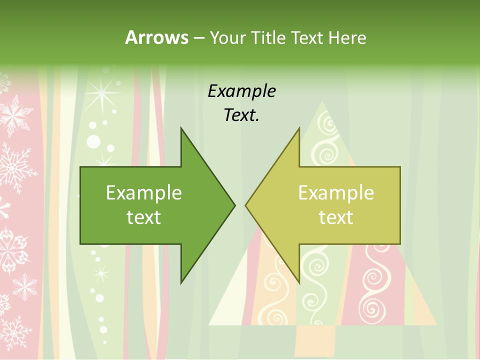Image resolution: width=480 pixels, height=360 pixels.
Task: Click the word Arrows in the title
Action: pos(156,37)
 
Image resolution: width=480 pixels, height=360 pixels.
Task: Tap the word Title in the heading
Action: pos(269,38)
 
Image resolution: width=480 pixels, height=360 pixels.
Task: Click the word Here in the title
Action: pos(347,38)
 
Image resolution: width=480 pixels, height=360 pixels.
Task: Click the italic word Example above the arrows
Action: pos(241,91)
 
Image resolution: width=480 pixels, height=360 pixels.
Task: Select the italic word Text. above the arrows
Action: pos(241,115)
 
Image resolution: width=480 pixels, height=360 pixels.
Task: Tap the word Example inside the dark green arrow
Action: pos(144,193)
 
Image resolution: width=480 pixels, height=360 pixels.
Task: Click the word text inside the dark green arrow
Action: pos(144,217)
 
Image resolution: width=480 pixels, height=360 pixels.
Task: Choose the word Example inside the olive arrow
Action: pos(336,193)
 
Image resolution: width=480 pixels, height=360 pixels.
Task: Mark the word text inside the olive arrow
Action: pos(336,217)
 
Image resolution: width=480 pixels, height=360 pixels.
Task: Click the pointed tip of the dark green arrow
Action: pos(235,205)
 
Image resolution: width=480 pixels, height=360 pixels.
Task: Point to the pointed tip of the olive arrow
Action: pos(245,205)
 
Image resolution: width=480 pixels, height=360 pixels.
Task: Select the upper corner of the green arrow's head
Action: pos(181,127)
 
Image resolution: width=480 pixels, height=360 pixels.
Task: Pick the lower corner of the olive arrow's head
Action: pos(299,283)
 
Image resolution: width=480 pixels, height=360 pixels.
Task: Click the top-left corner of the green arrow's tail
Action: pos(80,167)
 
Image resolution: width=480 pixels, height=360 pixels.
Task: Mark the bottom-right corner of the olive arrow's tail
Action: pos(400,244)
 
